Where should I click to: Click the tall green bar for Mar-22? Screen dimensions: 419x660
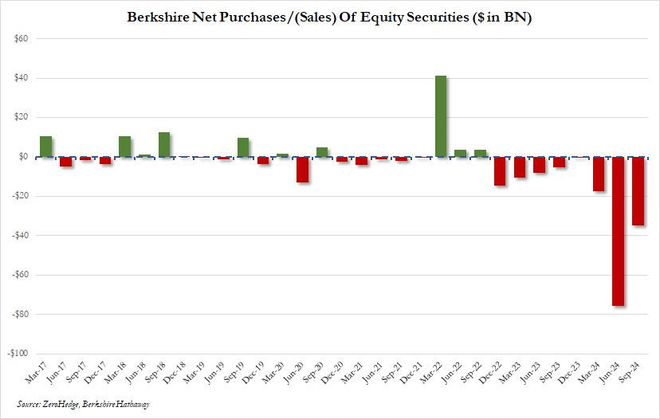pos(440,116)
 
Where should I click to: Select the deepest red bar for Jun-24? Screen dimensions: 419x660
pos(618,231)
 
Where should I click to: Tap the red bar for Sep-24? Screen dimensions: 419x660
pos(638,191)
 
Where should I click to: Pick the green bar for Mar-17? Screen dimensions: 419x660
pos(45,147)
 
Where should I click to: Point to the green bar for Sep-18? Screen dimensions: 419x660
pos(164,144)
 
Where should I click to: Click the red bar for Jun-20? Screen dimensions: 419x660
pos(302,170)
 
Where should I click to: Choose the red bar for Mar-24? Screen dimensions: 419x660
pos(599,174)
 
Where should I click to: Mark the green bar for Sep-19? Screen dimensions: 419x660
pos(243,147)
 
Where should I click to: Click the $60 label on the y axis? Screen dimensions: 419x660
pos(20,39)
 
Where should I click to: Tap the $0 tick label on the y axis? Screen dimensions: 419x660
pos(23,157)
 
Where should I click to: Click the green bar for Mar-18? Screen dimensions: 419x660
pos(124,147)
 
